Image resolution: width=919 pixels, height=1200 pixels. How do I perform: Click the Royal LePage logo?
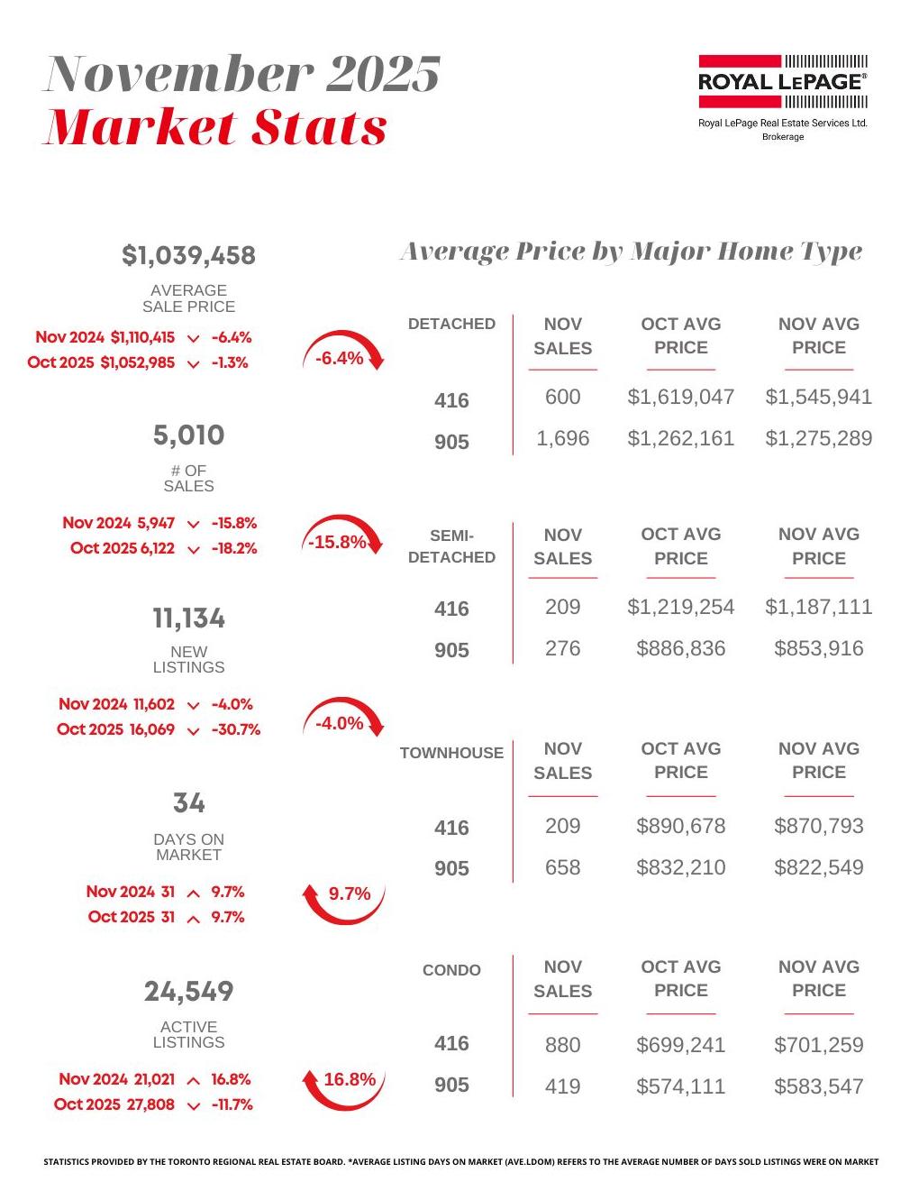click(782, 81)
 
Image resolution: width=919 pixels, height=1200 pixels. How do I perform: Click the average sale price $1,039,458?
click(189, 256)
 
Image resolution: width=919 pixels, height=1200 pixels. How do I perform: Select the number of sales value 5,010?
click(189, 435)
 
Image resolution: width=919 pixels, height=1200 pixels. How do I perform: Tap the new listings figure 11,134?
click(189, 618)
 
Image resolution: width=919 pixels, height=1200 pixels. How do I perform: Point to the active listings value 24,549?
click(189, 992)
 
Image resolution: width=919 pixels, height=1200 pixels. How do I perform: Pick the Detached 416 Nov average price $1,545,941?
click(818, 397)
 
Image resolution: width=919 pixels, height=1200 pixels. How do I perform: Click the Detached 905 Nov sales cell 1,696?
click(562, 439)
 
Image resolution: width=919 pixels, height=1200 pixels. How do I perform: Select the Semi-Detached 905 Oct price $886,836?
click(680, 648)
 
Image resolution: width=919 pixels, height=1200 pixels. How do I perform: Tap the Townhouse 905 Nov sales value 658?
click(562, 867)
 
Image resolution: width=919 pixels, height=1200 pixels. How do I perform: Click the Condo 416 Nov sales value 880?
click(562, 1045)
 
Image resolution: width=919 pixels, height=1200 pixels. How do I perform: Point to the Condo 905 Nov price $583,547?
click(818, 1086)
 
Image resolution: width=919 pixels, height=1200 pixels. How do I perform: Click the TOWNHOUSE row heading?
click(451, 753)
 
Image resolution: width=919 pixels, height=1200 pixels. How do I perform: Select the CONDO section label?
click(451, 970)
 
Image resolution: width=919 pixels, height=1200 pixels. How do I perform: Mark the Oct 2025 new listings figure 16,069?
click(152, 729)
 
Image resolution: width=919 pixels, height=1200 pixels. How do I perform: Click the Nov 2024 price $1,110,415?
click(142, 337)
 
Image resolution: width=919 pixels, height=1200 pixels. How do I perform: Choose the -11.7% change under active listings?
click(232, 1104)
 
